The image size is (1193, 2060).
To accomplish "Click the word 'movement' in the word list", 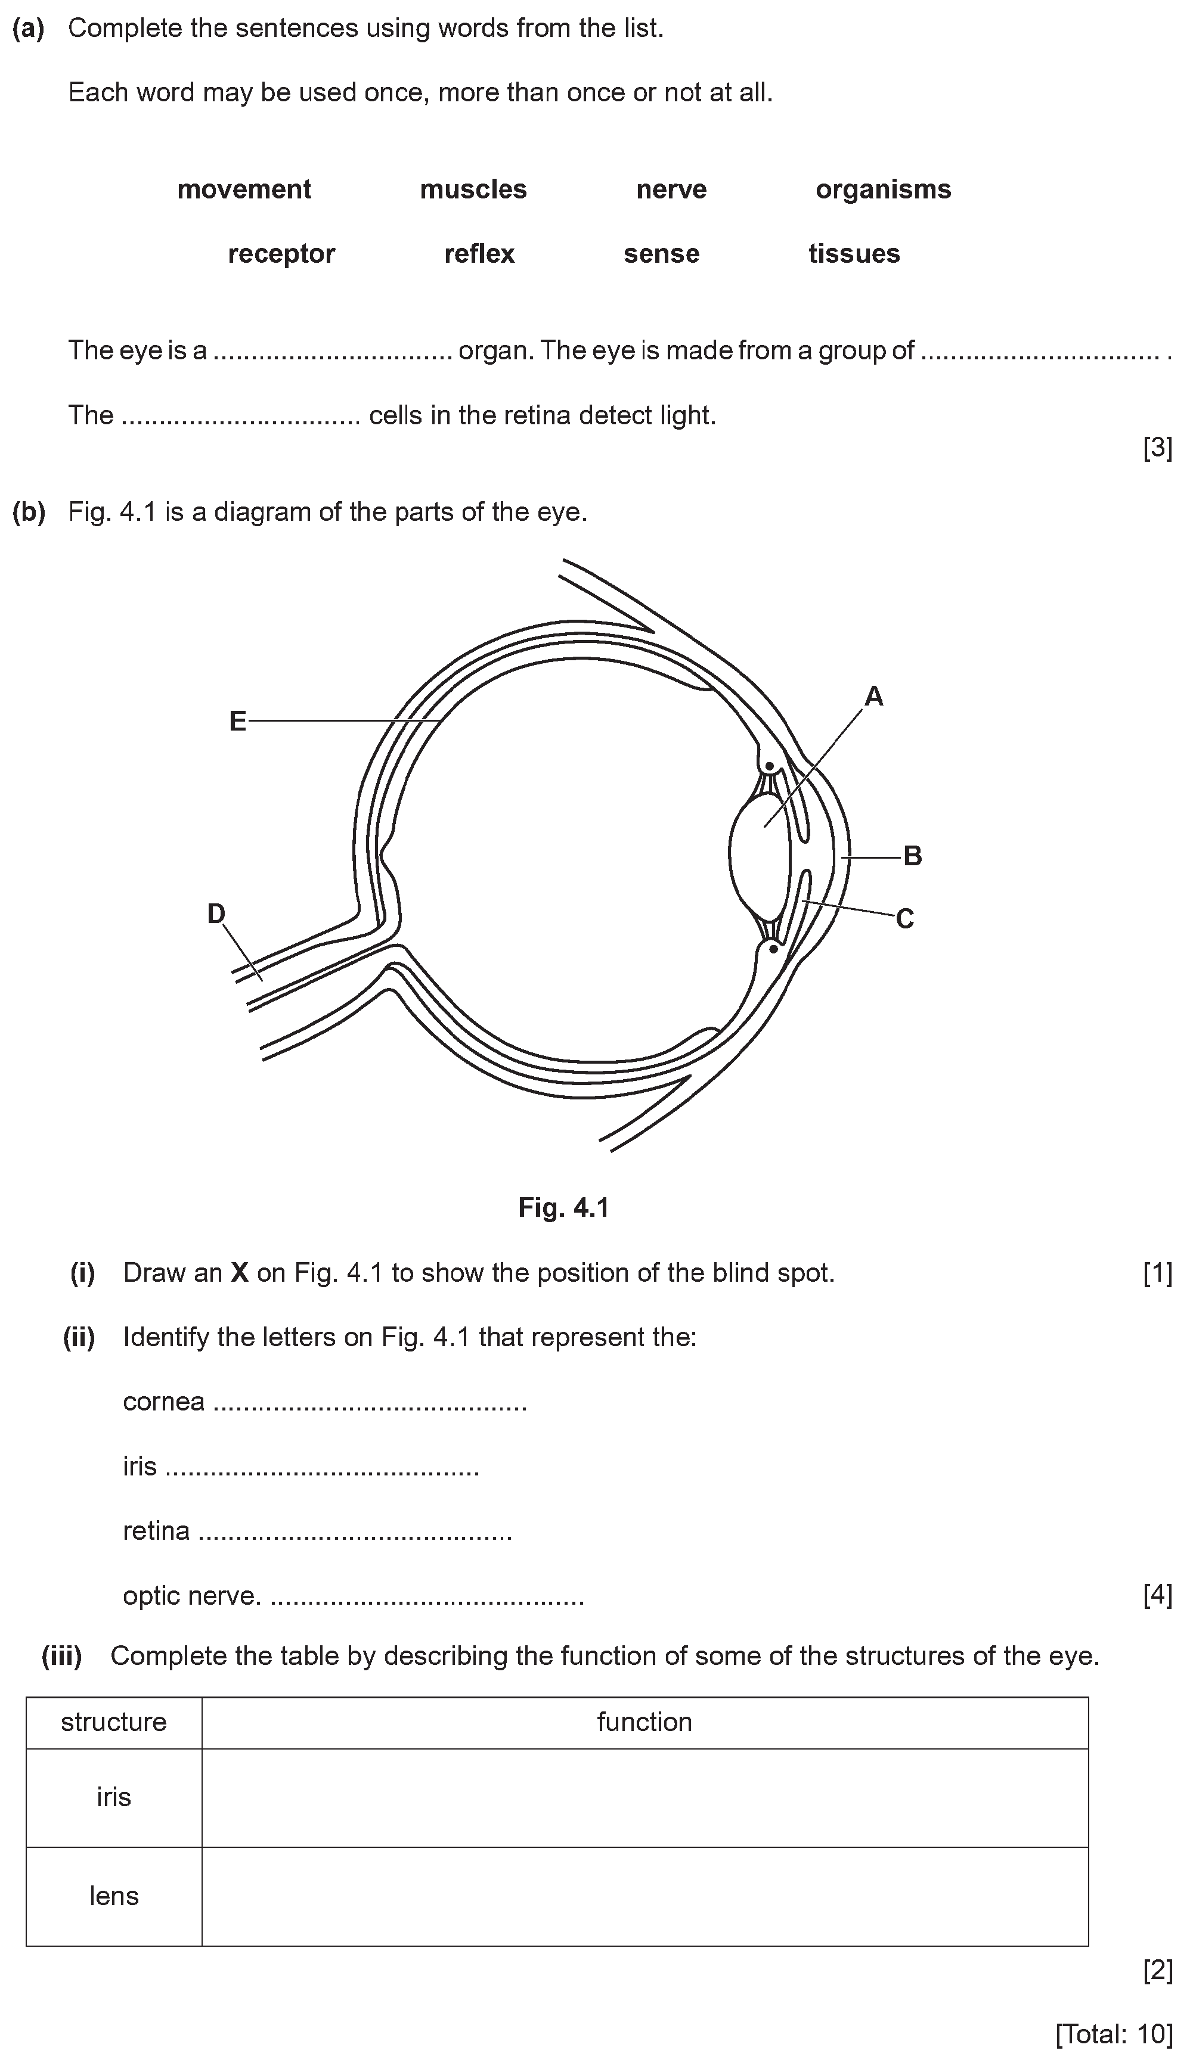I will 244,189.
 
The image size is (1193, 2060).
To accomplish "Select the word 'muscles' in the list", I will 473,189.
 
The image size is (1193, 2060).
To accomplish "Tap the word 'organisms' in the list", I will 883,189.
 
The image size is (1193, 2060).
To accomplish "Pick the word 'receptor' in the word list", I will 281,254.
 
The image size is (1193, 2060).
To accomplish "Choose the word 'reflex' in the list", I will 479,254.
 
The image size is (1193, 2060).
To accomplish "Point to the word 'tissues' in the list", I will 854,254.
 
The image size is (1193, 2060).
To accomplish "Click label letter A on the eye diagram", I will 873,697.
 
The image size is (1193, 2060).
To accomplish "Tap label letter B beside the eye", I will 913,856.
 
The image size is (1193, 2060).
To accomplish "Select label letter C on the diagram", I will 904,919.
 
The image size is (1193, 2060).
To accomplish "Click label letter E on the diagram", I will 237,721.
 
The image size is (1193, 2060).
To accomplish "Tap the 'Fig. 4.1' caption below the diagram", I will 563,1208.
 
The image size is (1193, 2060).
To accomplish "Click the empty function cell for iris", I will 644,1798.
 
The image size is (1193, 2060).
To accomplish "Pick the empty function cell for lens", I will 644,1897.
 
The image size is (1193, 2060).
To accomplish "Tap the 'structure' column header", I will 114,1722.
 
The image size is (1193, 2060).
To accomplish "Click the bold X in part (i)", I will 238,1273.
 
